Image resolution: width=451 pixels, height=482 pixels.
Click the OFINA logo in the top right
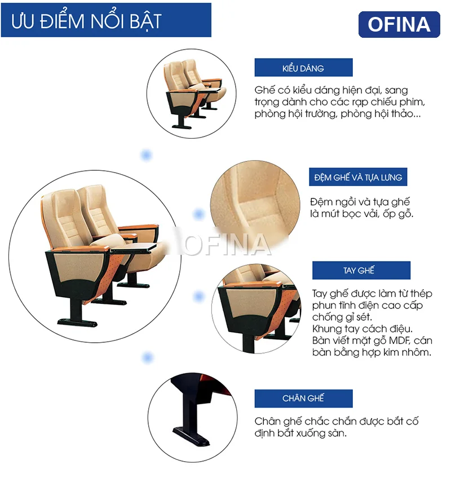coord(399,24)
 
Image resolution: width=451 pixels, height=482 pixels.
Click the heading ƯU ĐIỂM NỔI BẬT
coord(86,21)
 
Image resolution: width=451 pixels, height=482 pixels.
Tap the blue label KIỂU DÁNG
coord(303,68)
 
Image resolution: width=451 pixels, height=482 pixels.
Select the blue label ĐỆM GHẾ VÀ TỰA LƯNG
coord(358,177)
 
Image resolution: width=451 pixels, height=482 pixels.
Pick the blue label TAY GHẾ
coord(361,271)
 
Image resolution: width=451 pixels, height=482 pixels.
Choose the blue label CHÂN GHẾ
coord(303,399)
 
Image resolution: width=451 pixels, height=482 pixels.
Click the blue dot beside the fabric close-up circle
coord(198,214)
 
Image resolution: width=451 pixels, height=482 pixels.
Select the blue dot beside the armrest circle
coord(198,297)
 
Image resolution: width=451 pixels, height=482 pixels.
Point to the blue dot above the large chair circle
coord(147,155)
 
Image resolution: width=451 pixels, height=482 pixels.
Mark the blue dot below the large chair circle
coord(148,357)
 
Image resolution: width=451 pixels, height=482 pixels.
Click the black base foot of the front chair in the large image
coord(77,322)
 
